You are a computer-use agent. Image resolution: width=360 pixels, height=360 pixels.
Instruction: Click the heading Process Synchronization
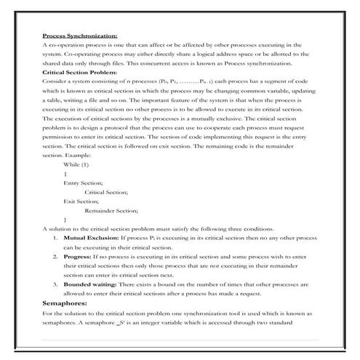point(80,35)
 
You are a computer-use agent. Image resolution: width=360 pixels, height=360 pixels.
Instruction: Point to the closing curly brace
point(65,219)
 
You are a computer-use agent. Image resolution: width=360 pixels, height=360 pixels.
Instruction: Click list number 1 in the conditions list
point(57,238)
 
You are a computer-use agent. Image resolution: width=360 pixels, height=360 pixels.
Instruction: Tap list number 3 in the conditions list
point(57,285)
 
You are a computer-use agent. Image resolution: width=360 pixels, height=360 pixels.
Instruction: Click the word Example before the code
point(79,154)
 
